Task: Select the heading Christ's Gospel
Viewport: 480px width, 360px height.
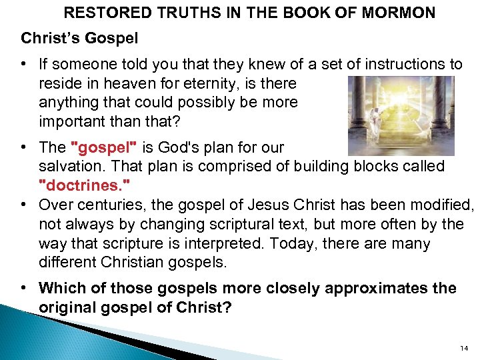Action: pos(79,39)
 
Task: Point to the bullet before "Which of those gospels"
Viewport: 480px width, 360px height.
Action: pos(24,288)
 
